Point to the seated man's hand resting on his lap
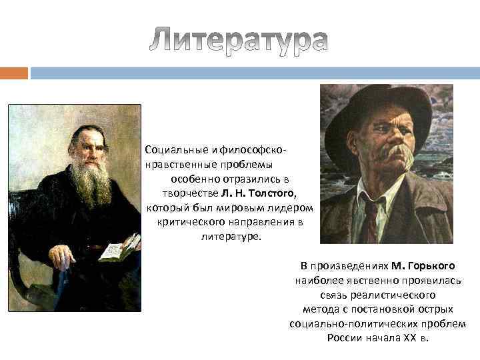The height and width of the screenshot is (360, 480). pos(62,255)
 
